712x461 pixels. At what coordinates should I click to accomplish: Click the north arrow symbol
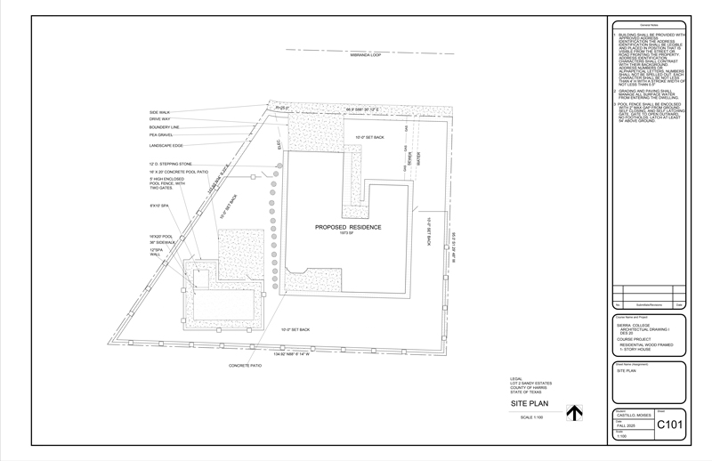click(x=575, y=413)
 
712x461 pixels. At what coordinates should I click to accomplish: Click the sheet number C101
click(x=669, y=425)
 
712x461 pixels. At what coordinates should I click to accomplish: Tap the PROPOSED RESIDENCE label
click(x=348, y=227)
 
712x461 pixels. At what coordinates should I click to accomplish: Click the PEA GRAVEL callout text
click(x=161, y=135)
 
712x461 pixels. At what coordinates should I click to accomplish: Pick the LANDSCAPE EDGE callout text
click(x=166, y=145)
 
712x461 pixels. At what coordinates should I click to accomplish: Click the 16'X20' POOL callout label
click(x=161, y=236)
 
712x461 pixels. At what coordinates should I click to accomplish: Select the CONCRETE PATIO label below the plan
click(x=245, y=366)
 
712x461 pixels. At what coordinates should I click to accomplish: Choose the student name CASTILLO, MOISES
click(x=634, y=416)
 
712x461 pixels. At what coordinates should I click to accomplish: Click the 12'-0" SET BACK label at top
click(x=369, y=138)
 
